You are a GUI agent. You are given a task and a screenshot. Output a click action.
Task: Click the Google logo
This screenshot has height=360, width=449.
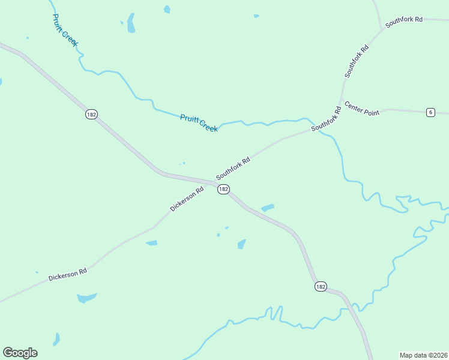point(20,353)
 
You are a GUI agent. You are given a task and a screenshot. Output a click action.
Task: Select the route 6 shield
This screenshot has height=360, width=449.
point(430,112)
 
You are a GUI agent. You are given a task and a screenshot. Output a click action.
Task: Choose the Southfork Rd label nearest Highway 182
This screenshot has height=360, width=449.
point(233,169)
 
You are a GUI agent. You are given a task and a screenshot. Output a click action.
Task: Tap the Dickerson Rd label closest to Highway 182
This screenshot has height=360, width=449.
point(187,199)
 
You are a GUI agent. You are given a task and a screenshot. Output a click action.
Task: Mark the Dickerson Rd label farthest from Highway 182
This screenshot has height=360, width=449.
point(68,274)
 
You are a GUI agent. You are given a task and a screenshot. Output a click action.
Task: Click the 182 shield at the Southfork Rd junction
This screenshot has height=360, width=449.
point(223,189)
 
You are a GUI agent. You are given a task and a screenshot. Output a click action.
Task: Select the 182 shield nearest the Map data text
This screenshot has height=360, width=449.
point(321,287)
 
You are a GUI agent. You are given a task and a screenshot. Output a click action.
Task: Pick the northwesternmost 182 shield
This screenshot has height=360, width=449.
point(91,114)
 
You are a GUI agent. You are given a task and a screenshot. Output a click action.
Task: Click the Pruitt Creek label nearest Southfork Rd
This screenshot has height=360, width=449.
point(199,122)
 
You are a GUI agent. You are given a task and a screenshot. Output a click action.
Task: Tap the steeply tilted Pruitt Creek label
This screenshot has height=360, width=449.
point(65,30)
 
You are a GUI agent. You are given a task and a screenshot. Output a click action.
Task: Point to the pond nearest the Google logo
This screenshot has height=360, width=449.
point(56,340)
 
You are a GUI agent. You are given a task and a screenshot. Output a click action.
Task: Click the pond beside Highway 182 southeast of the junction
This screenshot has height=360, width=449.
point(268,208)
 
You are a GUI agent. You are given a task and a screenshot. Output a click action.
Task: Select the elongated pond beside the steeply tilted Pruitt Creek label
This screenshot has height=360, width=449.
point(130,23)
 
